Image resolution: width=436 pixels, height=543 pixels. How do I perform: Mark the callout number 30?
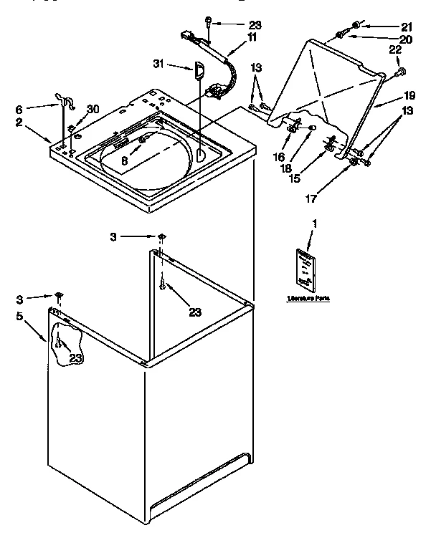pyautogui.click(x=93, y=110)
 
